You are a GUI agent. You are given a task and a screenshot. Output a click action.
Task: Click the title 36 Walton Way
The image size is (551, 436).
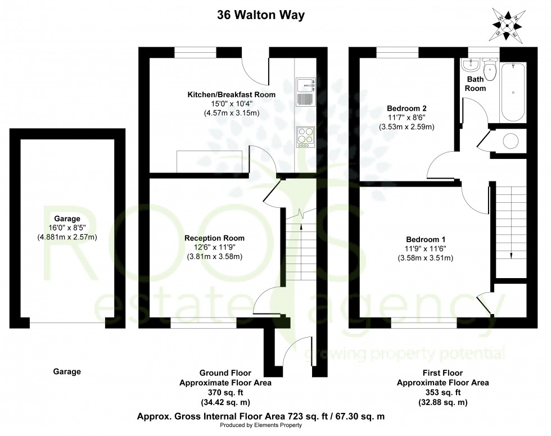261,15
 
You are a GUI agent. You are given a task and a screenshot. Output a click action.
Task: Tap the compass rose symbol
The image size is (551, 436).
509,24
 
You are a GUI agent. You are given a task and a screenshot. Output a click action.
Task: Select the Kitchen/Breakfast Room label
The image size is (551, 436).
231,94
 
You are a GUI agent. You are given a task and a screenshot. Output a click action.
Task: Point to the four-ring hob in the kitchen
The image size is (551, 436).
305,137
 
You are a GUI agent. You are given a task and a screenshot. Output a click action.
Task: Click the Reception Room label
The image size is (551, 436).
214,238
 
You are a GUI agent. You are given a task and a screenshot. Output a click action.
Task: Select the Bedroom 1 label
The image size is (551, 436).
417,238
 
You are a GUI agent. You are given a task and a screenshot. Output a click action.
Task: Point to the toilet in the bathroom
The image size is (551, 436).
489,73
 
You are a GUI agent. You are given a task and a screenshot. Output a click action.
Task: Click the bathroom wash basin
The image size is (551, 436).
468,66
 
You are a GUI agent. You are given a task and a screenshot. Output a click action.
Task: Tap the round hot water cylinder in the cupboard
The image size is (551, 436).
512,140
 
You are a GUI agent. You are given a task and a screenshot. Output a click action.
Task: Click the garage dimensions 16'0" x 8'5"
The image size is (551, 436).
67,228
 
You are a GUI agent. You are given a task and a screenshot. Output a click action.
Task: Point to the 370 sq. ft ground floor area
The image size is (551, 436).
225,393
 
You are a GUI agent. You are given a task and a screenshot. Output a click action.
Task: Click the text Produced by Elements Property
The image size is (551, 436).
260,425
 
